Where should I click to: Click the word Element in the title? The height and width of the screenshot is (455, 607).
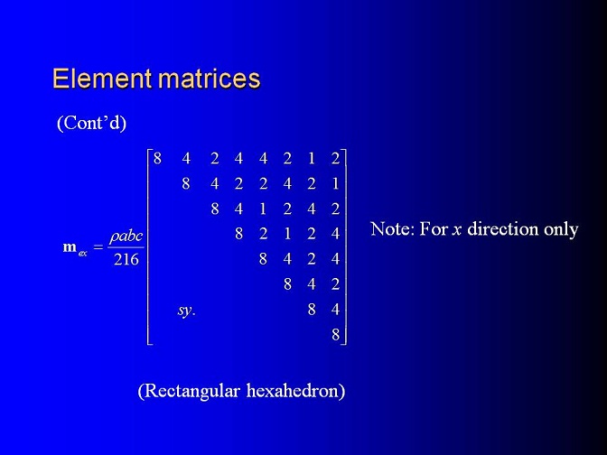tap(102, 79)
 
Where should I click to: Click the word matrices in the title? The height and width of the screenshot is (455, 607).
tap(209, 79)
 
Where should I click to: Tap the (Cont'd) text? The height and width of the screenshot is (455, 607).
tap(92, 123)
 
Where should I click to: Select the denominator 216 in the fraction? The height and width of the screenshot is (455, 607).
tap(126, 259)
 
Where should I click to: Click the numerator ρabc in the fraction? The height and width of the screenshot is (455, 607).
tap(126, 237)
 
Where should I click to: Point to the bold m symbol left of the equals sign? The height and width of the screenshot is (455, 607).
tap(70, 246)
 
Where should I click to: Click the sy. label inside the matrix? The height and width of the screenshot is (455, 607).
tap(187, 311)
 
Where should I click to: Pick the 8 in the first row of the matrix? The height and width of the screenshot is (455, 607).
tap(157, 159)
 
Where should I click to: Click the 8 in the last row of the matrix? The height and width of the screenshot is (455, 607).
tap(336, 334)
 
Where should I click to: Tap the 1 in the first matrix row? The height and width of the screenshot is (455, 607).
tap(312, 159)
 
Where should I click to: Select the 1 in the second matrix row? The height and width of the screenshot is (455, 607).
tap(336, 183)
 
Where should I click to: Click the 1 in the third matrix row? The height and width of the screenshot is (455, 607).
tap(263, 209)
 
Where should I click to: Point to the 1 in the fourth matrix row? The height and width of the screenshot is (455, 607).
tap(287, 234)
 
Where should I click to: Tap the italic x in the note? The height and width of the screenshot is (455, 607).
tap(457, 230)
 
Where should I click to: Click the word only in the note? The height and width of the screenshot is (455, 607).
tap(561, 230)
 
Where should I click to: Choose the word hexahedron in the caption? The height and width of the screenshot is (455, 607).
tap(295, 391)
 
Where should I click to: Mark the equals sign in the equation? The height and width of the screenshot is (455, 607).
tap(98, 246)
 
